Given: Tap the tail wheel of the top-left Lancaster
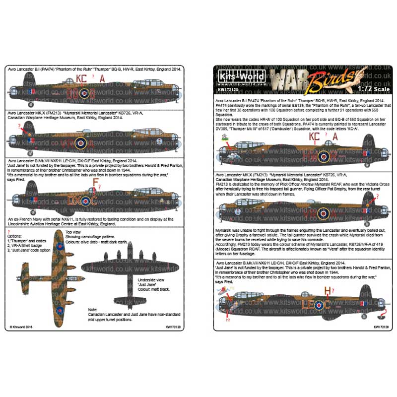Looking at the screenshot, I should (31, 105).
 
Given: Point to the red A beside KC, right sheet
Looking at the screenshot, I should (334, 137).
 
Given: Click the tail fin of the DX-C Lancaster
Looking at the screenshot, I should (31, 190).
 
